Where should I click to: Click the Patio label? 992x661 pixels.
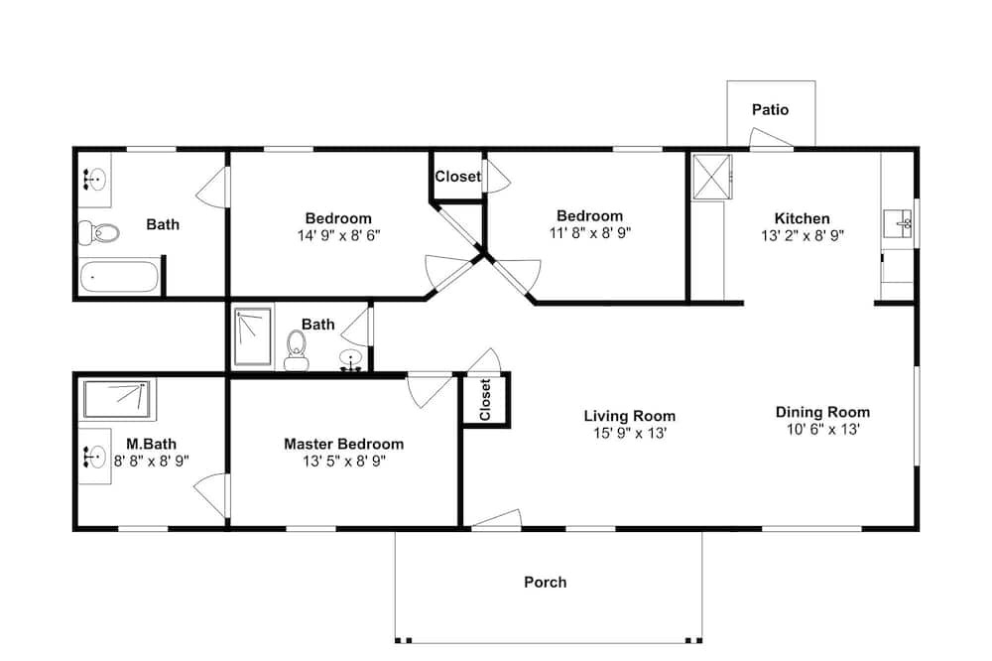point(770,110)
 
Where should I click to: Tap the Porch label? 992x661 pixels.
point(546,583)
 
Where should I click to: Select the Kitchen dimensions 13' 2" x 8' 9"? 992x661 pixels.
point(803,235)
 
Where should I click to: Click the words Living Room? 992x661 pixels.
point(629,416)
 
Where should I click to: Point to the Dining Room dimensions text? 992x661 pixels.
point(822,430)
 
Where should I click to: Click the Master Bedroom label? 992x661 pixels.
point(343,444)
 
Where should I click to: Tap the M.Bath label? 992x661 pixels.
point(144,444)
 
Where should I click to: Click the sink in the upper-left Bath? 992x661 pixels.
point(95,180)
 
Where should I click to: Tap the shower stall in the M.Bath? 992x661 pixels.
point(119,399)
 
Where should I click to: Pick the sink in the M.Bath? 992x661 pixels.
point(95,458)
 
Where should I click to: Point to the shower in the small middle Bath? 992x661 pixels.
point(253,337)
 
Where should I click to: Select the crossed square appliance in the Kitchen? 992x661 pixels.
point(711,176)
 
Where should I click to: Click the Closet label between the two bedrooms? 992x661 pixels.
point(457,177)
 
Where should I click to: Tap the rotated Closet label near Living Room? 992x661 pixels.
point(485,400)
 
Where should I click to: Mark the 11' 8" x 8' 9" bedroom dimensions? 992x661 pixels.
point(589,233)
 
